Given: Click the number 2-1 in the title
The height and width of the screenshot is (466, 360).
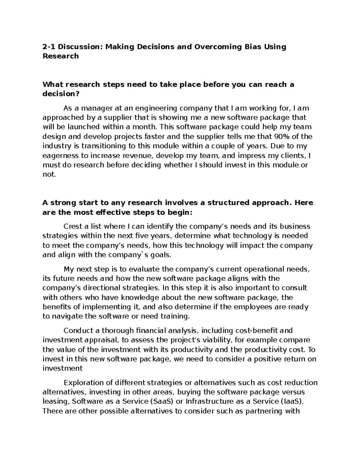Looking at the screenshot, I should point(49,47).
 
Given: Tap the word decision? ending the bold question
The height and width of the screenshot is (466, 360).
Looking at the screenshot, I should point(61,94).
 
